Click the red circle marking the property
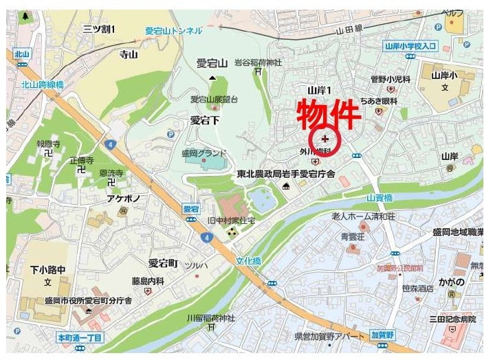[x=325, y=139]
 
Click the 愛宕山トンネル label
[x=174, y=30]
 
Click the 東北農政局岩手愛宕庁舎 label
[x=285, y=175]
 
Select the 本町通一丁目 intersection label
[x=80, y=338]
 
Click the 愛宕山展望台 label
[x=214, y=100]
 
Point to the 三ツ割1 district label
[x=99, y=29]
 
